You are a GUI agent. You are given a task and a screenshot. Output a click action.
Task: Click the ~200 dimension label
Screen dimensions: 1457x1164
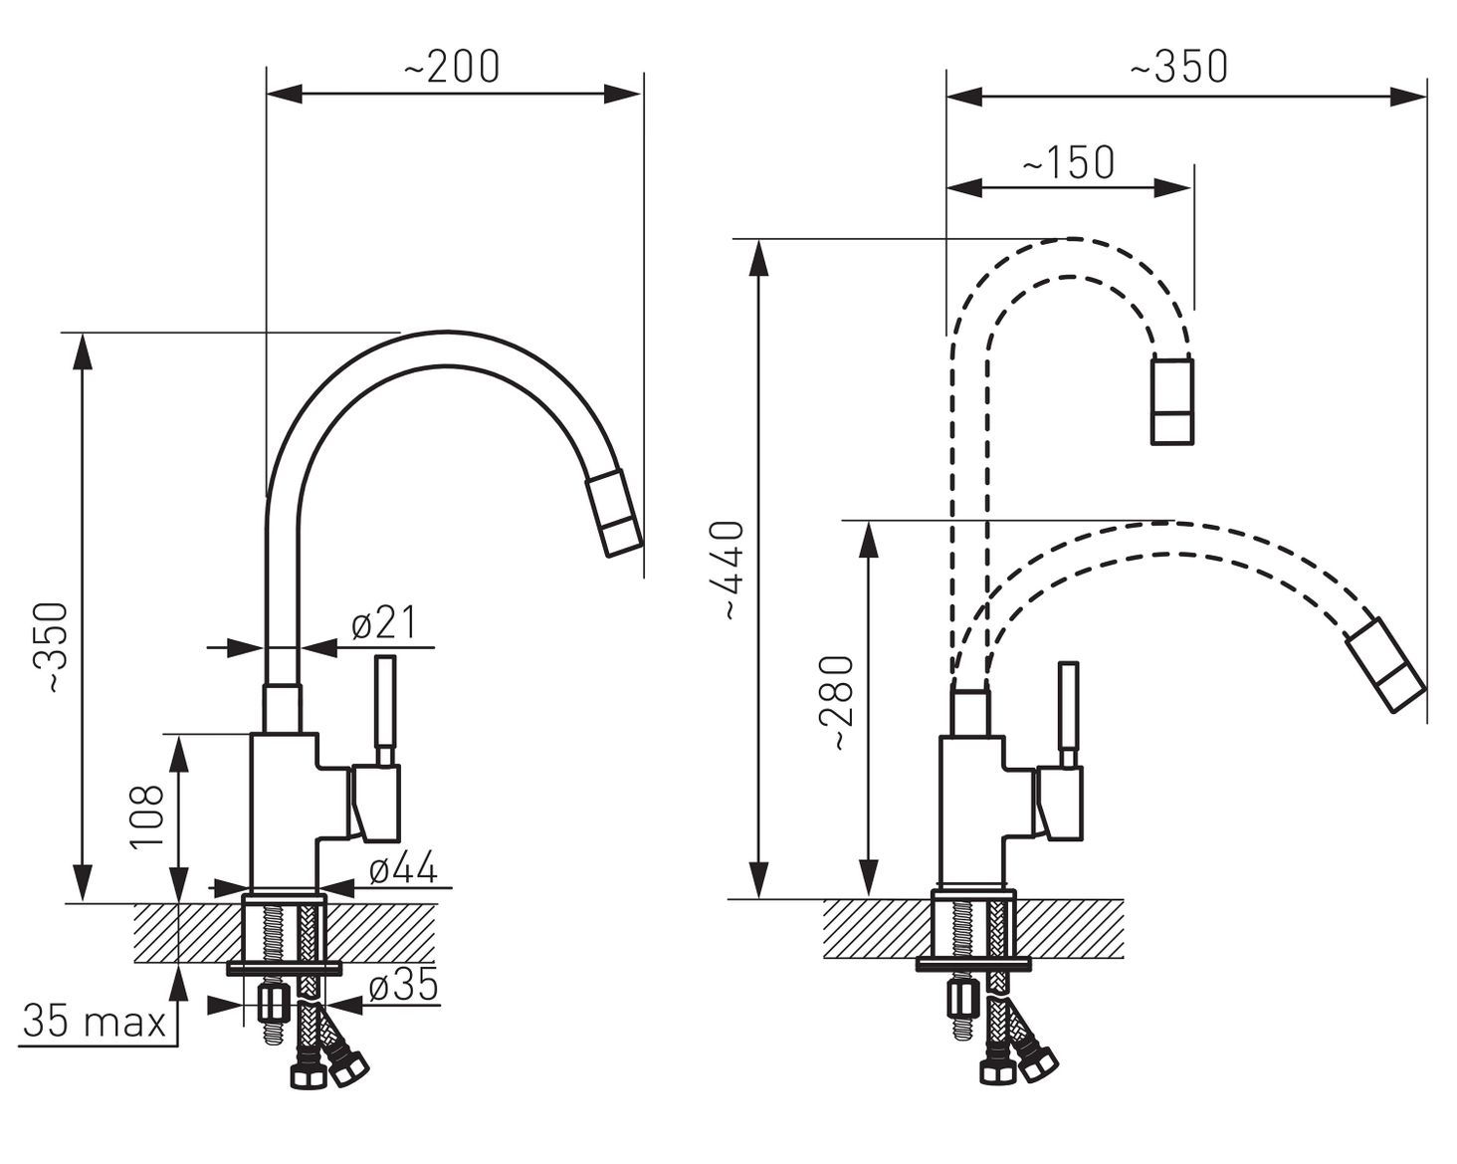click(x=452, y=67)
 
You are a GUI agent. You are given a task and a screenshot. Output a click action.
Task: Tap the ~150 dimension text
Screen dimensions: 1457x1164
click(x=1069, y=162)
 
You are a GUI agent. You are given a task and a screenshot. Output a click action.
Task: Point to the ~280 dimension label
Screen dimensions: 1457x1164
click(x=839, y=703)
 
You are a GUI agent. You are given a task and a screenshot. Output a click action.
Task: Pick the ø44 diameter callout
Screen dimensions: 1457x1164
click(x=403, y=866)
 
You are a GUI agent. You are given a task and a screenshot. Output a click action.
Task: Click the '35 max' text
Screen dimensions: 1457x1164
click(x=95, y=1021)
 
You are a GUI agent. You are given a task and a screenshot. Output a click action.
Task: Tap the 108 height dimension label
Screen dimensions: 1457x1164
click(x=147, y=816)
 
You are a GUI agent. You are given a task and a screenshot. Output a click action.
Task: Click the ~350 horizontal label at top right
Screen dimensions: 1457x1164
click(x=1178, y=67)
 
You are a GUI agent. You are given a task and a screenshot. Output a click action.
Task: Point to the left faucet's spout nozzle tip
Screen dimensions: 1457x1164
click(x=613, y=515)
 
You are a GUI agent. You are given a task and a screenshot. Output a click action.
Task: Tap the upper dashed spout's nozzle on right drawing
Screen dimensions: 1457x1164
click(x=1172, y=400)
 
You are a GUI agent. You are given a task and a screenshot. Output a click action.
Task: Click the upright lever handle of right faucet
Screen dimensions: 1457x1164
click(x=1069, y=716)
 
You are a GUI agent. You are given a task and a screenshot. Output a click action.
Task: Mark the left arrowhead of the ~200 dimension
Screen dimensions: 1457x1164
click(x=285, y=95)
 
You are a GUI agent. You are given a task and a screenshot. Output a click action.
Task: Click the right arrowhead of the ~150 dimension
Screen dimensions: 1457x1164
click(x=1172, y=188)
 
